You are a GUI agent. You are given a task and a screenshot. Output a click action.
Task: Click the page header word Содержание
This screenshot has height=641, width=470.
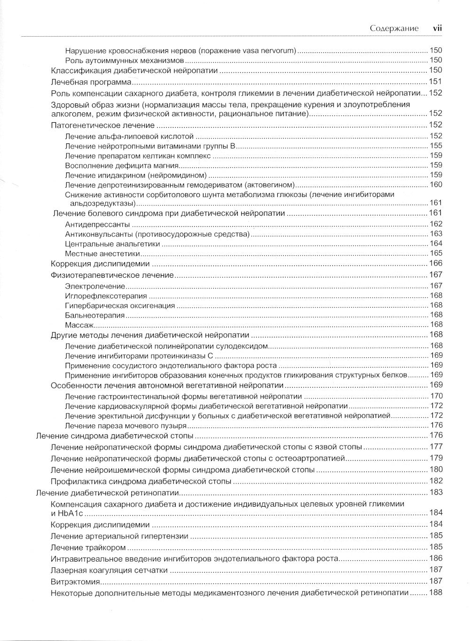click(x=394, y=28)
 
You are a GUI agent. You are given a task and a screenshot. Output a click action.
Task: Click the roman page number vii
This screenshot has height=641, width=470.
click(x=437, y=28)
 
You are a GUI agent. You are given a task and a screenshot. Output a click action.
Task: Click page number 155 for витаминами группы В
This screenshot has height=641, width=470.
click(x=436, y=146)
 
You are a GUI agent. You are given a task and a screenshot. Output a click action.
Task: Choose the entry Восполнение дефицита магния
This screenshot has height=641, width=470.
click(x=122, y=165)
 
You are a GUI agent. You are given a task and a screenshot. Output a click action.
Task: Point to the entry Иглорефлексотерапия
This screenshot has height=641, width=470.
click(x=106, y=296)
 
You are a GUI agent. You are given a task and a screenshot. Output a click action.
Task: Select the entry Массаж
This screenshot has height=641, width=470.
click(x=79, y=325)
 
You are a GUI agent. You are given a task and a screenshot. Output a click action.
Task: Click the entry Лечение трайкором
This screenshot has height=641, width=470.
click(x=88, y=547)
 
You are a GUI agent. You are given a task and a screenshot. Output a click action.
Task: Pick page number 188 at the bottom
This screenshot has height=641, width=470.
click(x=436, y=593)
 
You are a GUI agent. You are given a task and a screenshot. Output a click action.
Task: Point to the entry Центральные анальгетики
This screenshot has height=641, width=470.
click(x=112, y=244)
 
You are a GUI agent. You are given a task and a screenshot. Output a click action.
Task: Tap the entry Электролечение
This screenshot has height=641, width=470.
click(x=95, y=286)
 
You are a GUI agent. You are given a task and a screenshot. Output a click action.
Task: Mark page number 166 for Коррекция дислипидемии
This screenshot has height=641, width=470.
click(x=436, y=263)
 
